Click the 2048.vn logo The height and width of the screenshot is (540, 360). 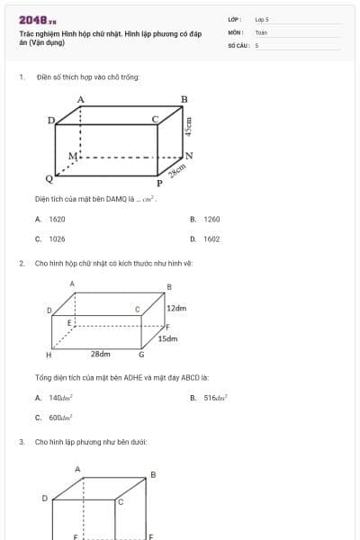click(x=37, y=20)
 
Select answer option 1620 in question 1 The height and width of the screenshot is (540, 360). click(x=57, y=219)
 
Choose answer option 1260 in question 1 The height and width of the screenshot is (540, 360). click(x=211, y=219)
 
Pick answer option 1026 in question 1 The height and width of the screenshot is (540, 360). click(x=57, y=239)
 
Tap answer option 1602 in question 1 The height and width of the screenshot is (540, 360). click(x=211, y=239)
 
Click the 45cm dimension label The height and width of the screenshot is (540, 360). click(x=188, y=128)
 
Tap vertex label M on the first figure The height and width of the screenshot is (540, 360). click(x=73, y=156)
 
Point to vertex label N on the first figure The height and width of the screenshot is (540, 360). click(x=189, y=155)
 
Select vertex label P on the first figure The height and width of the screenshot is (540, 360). click(x=159, y=183)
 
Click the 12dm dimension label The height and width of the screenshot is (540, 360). click(x=176, y=309)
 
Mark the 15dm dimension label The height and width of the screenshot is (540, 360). click(x=167, y=339)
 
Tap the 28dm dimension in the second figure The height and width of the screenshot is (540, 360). click(x=100, y=355)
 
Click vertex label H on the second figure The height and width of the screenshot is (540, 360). click(x=49, y=355)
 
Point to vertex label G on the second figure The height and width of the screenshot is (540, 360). click(x=141, y=355)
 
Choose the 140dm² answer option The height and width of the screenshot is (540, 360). click(x=60, y=397)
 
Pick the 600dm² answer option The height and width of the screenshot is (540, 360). click(x=60, y=418)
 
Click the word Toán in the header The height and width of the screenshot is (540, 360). click(x=261, y=31)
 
